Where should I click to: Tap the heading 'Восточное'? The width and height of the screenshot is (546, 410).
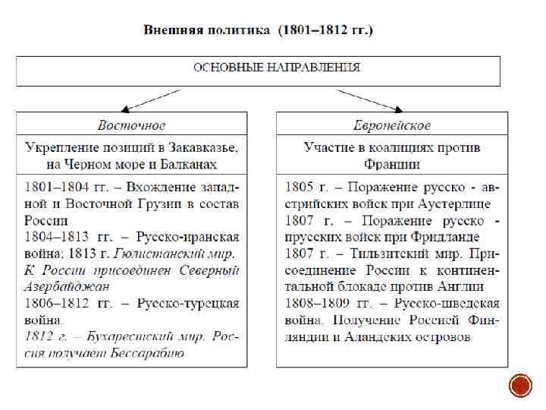pos(131,125)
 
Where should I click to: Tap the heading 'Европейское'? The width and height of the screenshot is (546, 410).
pos(391,125)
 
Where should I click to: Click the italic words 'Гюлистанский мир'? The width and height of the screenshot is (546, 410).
pos(174,253)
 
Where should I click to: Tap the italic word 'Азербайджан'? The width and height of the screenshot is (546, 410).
pos(67,286)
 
